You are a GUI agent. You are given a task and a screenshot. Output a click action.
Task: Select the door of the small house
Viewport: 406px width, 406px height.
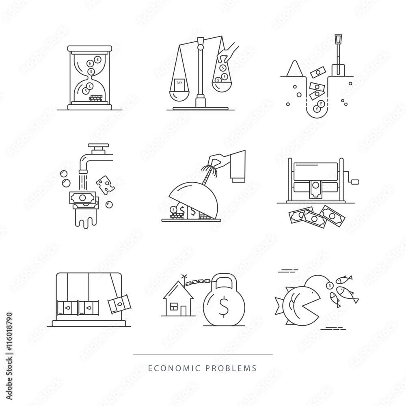pos(183,310)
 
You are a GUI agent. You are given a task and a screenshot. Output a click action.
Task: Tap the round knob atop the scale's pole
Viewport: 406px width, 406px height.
pos(199,48)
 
